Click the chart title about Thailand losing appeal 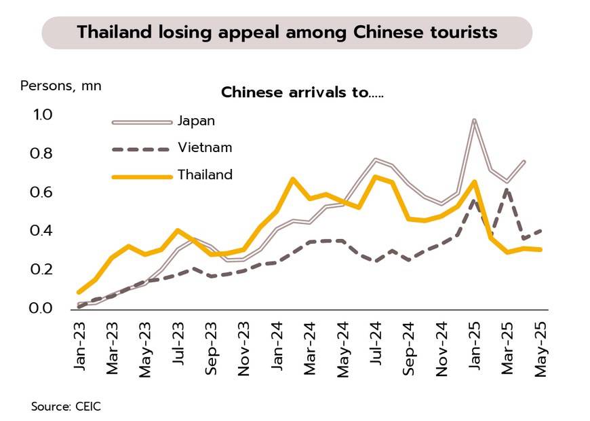tap(287, 33)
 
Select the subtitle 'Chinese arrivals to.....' tap(302, 92)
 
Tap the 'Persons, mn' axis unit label tap(61, 86)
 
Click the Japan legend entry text tap(196, 121)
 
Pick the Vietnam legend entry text tap(205, 147)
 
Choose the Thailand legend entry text tap(205, 175)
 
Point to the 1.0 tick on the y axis tap(42, 115)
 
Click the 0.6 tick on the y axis tap(42, 193)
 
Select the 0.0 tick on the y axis tap(42, 309)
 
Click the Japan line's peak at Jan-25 tap(474, 120)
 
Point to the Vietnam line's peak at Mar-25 tap(507, 189)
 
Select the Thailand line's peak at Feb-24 tap(292, 179)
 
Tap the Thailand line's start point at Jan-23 tap(79, 292)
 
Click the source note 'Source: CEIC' tap(65, 407)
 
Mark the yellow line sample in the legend tap(142, 176)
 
